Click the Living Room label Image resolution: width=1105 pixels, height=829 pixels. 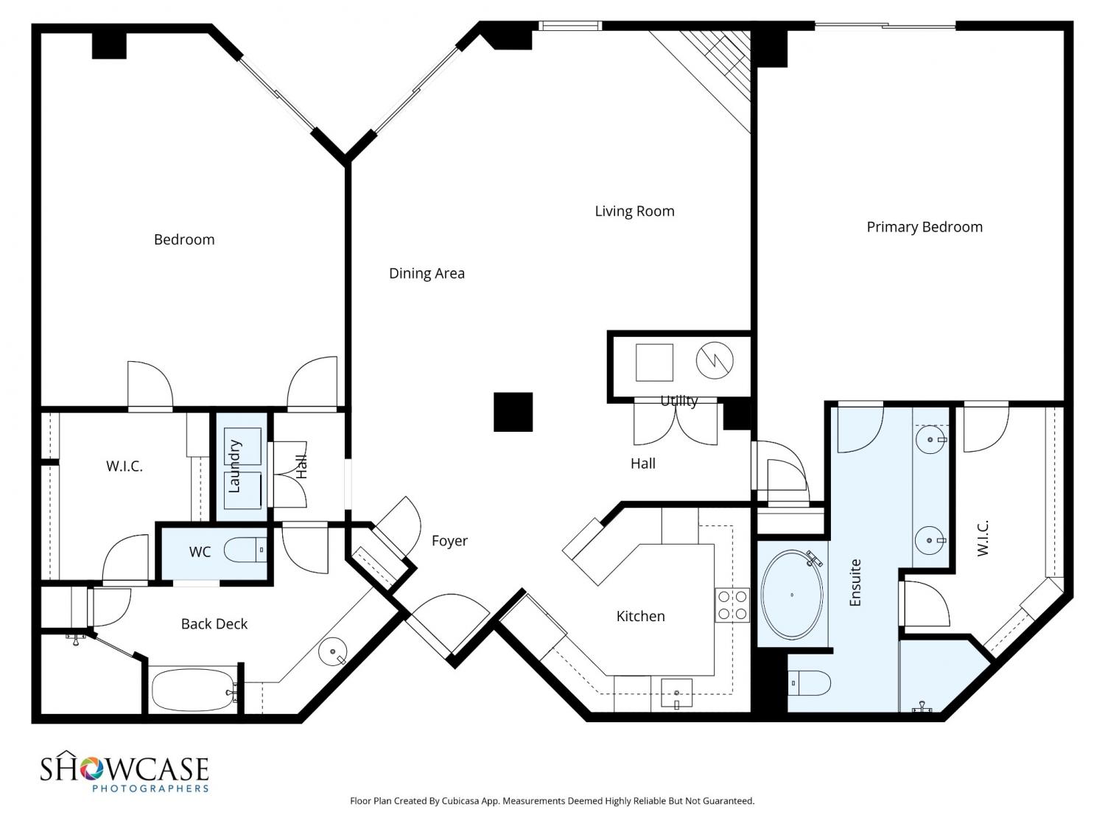click(634, 211)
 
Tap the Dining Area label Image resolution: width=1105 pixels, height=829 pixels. click(427, 273)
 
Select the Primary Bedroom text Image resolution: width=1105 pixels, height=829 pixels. click(925, 227)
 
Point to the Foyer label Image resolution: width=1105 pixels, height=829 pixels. click(449, 541)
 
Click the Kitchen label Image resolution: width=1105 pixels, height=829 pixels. click(640, 616)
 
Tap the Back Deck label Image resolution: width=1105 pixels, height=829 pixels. click(214, 624)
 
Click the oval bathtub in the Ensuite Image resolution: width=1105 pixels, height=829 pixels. click(792, 595)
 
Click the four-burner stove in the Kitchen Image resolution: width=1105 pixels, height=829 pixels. click(732, 605)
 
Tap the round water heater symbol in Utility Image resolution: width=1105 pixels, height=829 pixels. click(715, 360)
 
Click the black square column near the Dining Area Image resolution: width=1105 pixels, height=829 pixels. click(513, 412)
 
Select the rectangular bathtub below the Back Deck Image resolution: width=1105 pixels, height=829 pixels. click(194, 690)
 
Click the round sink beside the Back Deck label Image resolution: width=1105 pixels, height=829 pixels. click(333, 651)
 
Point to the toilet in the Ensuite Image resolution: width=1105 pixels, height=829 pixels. click(809, 683)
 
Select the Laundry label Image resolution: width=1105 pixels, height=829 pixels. click(234, 466)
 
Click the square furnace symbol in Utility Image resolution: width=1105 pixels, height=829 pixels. click(654, 363)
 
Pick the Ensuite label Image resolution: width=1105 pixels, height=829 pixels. click(855, 582)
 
